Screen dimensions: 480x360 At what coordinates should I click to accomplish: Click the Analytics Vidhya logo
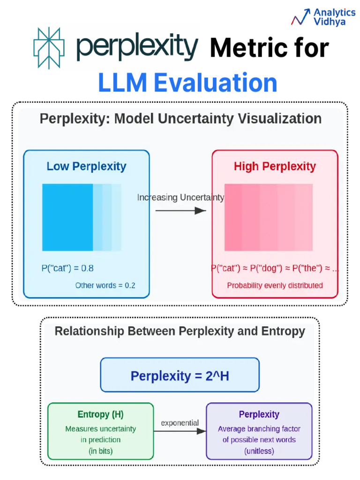click(x=323, y=17)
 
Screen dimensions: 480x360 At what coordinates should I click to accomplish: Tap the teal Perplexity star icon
click(x=48, y=48)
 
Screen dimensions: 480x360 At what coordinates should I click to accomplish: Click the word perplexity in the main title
click(x=137, y=47)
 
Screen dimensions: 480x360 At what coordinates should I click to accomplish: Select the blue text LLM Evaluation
click(x=187, y=83)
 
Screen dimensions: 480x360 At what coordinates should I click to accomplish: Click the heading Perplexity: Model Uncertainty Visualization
click(x=180, y=119)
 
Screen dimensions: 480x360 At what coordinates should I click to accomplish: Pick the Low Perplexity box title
click(x=86, y=166)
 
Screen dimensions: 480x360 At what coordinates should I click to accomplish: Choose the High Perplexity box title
click(x=275, y=166)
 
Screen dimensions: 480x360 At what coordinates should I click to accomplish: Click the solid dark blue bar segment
click(x=67, y=217)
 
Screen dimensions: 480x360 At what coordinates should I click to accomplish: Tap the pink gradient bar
click(x=269, y=217)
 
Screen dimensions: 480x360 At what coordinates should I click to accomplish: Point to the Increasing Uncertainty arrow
click(x=180, y=211)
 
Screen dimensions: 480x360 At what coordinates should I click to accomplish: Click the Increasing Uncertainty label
click(x=180, y=198)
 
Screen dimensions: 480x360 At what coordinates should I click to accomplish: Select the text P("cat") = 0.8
click(x=67, y=269)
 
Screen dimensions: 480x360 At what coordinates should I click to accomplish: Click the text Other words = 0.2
click(x=105, y=285)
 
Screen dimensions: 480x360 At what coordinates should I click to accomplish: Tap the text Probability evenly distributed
click(x=275, y=285)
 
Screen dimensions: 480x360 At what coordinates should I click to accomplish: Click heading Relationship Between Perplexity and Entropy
click(x=180, y=331)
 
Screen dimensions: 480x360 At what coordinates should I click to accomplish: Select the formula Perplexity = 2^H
click(x=180, y=375)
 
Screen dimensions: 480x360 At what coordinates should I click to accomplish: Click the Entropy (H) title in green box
click(x=100, y=415)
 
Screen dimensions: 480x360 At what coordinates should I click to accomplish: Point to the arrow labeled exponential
click(x=180, y=432)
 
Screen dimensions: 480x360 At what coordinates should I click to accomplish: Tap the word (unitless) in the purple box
click(x=259, y=451)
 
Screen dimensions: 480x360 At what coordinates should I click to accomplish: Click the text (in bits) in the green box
click(x=100, y=451)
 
